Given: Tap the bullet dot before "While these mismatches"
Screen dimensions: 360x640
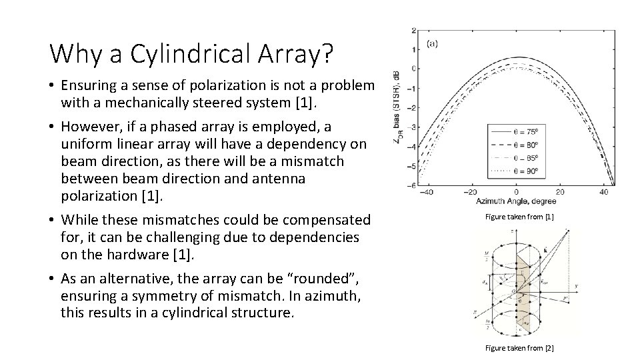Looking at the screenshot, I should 52,220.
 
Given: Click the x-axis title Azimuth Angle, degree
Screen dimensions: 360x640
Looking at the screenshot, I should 516,201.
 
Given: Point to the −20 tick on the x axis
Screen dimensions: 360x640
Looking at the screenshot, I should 470,191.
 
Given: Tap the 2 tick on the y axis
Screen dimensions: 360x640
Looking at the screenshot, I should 414,31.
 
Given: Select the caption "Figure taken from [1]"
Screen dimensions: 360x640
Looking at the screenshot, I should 519,217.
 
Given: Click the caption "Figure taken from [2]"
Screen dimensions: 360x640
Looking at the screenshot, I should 519,347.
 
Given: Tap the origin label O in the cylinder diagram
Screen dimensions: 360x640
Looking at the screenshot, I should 512,291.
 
